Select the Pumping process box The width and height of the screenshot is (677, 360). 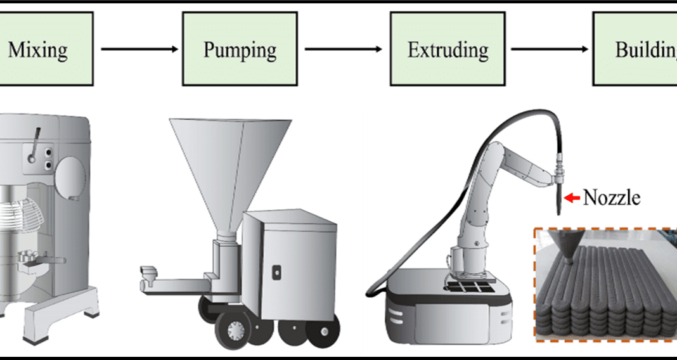(240, 49)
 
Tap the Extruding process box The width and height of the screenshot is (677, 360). (448, 49)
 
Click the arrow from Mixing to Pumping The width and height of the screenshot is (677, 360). (140, 49)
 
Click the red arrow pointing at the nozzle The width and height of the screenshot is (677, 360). (572, 198)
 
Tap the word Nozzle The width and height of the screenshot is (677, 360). (611, 198)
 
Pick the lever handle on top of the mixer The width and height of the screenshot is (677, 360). (37, 137)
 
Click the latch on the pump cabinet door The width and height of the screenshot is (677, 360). (276, 271)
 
